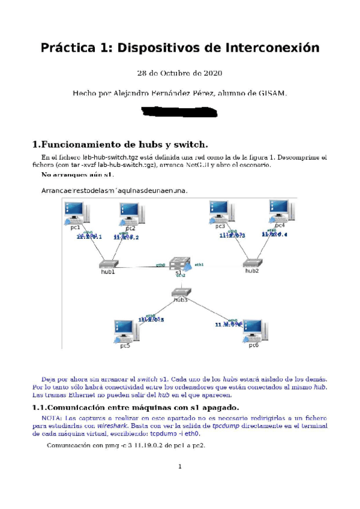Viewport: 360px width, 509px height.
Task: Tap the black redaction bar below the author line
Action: coord(179,112)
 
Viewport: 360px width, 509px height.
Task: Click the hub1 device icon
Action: coord(108,264)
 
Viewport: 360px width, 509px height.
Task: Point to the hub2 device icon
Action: coord(252,263)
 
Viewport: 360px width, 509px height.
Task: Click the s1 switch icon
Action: coord(179,264)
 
